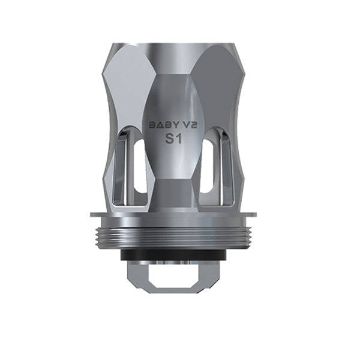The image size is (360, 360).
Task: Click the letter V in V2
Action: (188, 125)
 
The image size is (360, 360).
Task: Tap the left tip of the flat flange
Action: (91, 214)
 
